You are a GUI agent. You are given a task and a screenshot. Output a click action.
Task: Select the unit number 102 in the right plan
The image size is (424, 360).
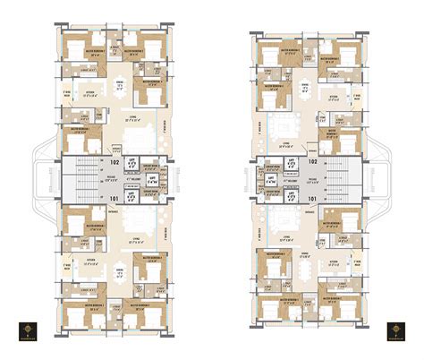[x=313, y=164]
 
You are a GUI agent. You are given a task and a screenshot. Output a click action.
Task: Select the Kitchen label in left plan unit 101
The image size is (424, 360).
[x=89, y=261]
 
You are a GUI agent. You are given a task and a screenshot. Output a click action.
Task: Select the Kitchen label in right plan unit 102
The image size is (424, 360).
[x=333, y=96]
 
